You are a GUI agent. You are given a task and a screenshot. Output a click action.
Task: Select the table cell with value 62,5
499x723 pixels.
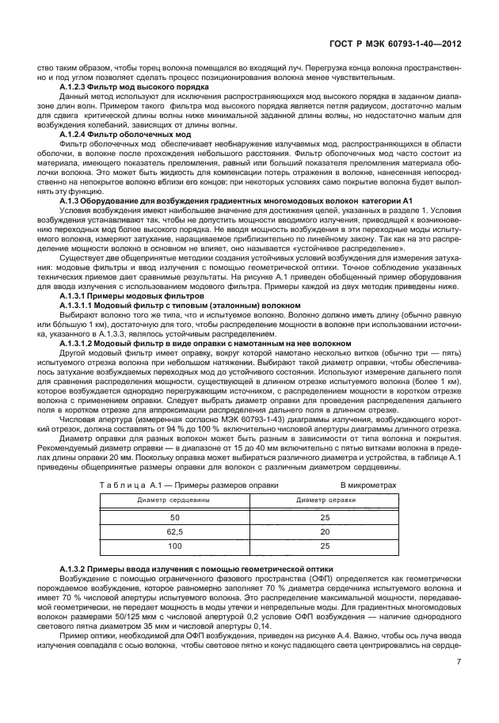coord(174,531)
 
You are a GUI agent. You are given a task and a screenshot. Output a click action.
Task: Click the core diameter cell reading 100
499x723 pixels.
coord(174,546)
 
